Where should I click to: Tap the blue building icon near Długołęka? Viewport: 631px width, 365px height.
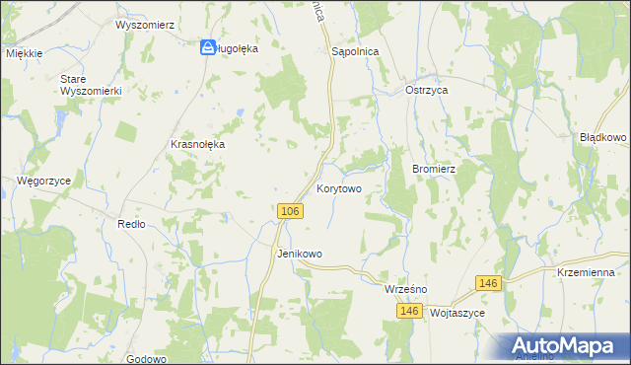pyautogui.click(x=208, y=47)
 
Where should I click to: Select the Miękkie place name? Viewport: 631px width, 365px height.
pyautogui.click(x=24, y=54)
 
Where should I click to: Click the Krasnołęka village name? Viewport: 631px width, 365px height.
pyautogui.click(x=198, y=144)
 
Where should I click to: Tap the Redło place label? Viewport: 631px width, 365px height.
pyautogui.click(x=131, y=224)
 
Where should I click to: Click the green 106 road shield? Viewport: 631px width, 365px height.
pyautogui.click(x=289, y=212)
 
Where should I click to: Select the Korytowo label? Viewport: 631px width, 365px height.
pyautogui.click(x=339, y=187)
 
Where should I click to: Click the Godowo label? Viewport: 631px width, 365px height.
pyautogui.click(x=145, y=359)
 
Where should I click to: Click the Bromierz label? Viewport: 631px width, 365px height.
pyautogui.click(x=433, y=169)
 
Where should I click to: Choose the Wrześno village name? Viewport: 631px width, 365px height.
pyautogui.click(x=404, y=290)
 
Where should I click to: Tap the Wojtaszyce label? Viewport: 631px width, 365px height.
pyautogui.click(x=459, y=312)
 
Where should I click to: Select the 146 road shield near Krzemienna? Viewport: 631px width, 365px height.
pyautogui.click(x=487, y=283)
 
